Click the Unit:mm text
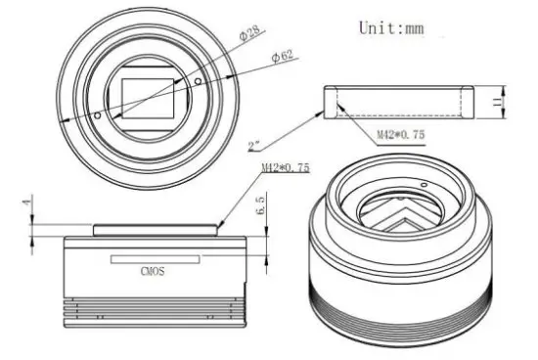[391, 27]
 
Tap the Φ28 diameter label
[249, 33]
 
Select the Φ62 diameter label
[283, 56]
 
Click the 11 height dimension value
[497, 102]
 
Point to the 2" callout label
[254, 147]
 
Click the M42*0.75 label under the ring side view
[401, 134]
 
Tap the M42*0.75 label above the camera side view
[286, 167]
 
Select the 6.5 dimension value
[261, 205]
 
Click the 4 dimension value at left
[27, 201]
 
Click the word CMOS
[153, 271]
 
